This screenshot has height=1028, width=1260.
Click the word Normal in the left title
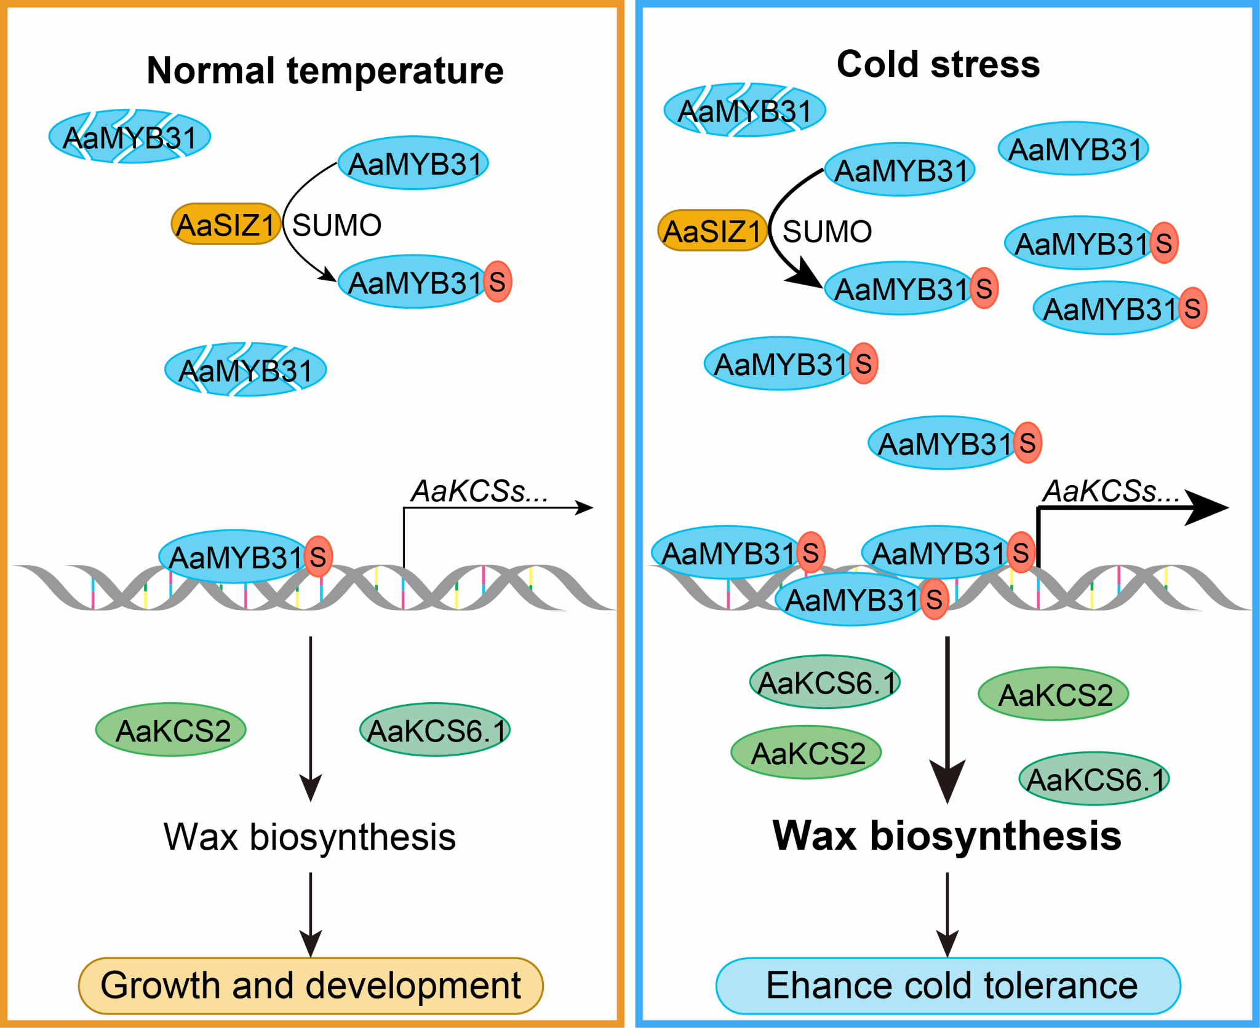210,71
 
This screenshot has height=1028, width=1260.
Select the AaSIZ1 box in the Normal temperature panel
226,224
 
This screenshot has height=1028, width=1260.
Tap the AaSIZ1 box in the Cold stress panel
712,231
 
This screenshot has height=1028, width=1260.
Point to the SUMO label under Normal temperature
337,225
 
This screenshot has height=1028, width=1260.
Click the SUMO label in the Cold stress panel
827,232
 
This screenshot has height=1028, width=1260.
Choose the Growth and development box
311,986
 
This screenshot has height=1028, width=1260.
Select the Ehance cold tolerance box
948,986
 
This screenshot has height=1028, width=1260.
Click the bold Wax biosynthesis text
947,836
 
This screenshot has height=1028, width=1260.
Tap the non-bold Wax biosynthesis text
309,837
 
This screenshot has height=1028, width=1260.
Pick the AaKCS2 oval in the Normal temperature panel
171,730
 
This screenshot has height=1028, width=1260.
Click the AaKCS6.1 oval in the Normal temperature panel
435,730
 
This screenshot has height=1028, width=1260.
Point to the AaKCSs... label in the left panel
479,491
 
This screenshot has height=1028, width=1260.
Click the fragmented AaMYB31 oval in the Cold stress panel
744,111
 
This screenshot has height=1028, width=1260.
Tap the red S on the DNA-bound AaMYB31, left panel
318,557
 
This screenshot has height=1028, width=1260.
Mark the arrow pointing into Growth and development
311,916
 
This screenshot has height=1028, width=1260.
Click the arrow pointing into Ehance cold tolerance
947,916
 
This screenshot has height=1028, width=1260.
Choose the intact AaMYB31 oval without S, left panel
413,163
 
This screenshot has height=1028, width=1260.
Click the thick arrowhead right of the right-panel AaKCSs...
1206,508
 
